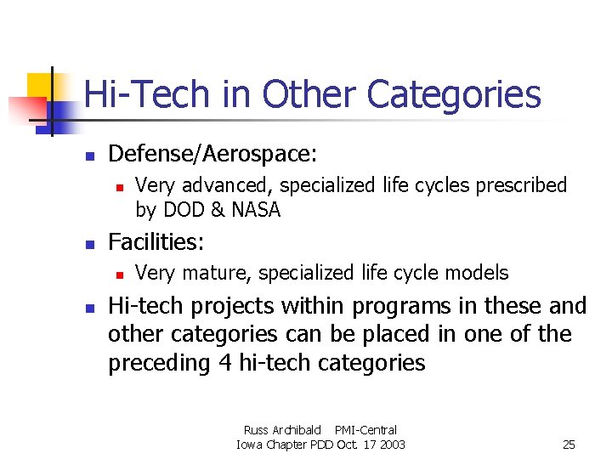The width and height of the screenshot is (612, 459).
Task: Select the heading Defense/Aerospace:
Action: pyautogui.click(x=212, y=154)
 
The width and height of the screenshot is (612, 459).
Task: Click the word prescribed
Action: pyautogui.click(x=521, y=185)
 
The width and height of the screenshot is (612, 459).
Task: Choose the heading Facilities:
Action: pyautogui.click(x=156, y=242)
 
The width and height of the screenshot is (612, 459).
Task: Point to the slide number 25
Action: pyautogui.click(x=569, y=445)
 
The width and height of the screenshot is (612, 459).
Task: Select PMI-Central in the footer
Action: pyautogui.click(x=365, y=430)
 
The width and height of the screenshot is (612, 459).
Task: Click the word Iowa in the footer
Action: pyautogui.click(x=250, y=445)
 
